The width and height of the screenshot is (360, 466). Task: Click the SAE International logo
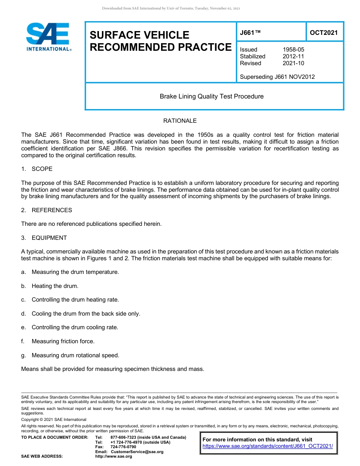(x=48, y=37)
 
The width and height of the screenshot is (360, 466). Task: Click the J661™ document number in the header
(x=250, y=33)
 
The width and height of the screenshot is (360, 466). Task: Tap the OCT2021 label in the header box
(x=324, y=33)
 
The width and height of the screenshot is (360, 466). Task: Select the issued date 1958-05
(x=293, y=50)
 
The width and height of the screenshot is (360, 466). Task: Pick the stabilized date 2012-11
(x=293, y=56)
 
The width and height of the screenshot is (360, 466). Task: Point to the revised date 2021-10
(x=293, y=63)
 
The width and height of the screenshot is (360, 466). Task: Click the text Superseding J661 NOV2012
(x=277, y=77)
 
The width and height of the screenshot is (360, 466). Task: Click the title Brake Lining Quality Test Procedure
(x=211, y=96)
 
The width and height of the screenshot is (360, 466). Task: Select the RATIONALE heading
(x=180, y=121)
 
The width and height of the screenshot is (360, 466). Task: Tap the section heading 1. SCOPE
(x=37, y=169)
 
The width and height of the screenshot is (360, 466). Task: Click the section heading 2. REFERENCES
(x=47, y=210)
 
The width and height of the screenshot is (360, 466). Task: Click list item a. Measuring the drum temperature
(x=70, y=272)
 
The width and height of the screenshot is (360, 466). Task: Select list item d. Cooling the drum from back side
(x=81, y=314)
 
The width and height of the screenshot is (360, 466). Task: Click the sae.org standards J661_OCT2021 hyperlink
(x=268, y=446)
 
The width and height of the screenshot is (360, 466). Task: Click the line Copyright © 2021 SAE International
(x=54, y=419)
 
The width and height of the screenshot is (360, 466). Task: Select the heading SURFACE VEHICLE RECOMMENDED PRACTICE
(x=160, y=41)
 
